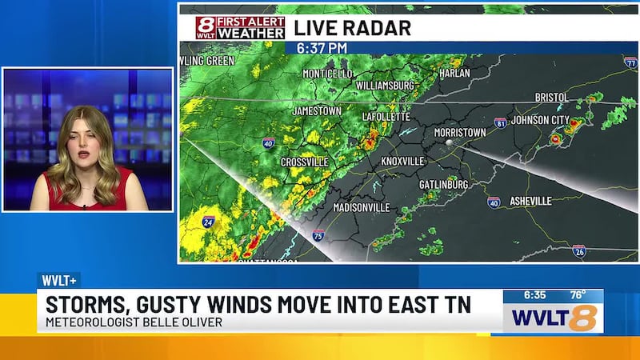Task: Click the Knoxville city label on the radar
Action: (x=402, y=161)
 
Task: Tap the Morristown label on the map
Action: (x=461, y=131)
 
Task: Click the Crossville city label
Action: (x=304, y=162)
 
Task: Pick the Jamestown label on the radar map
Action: (x=317, y=110)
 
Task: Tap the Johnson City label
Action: (x=540, y=121)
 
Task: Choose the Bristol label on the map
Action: (x=551, y=98)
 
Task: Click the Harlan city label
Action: (x=454, y=74)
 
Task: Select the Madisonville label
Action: (x=361, y=207)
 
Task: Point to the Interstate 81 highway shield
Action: (x=500, y=123)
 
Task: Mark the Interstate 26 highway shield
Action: (x=579, y=251)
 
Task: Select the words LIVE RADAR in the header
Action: (x=352, y=27)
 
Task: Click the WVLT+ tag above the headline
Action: (x=58, y=281)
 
